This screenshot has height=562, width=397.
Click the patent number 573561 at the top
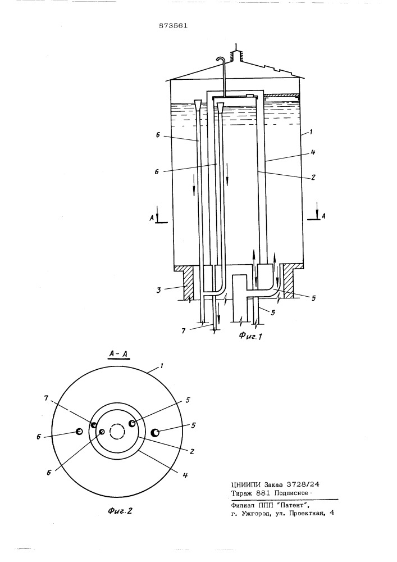[174, 26]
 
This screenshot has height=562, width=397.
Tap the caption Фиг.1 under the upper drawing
[250, 336]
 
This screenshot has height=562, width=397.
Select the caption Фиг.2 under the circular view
[120, 510]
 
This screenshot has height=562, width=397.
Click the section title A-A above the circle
[119, 355]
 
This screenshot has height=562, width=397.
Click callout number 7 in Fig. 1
[183, 331]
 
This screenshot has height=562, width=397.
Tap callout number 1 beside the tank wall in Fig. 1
[311, 132]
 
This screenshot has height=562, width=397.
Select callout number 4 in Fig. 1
[313, 152]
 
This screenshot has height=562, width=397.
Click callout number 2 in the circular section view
[192, 451]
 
